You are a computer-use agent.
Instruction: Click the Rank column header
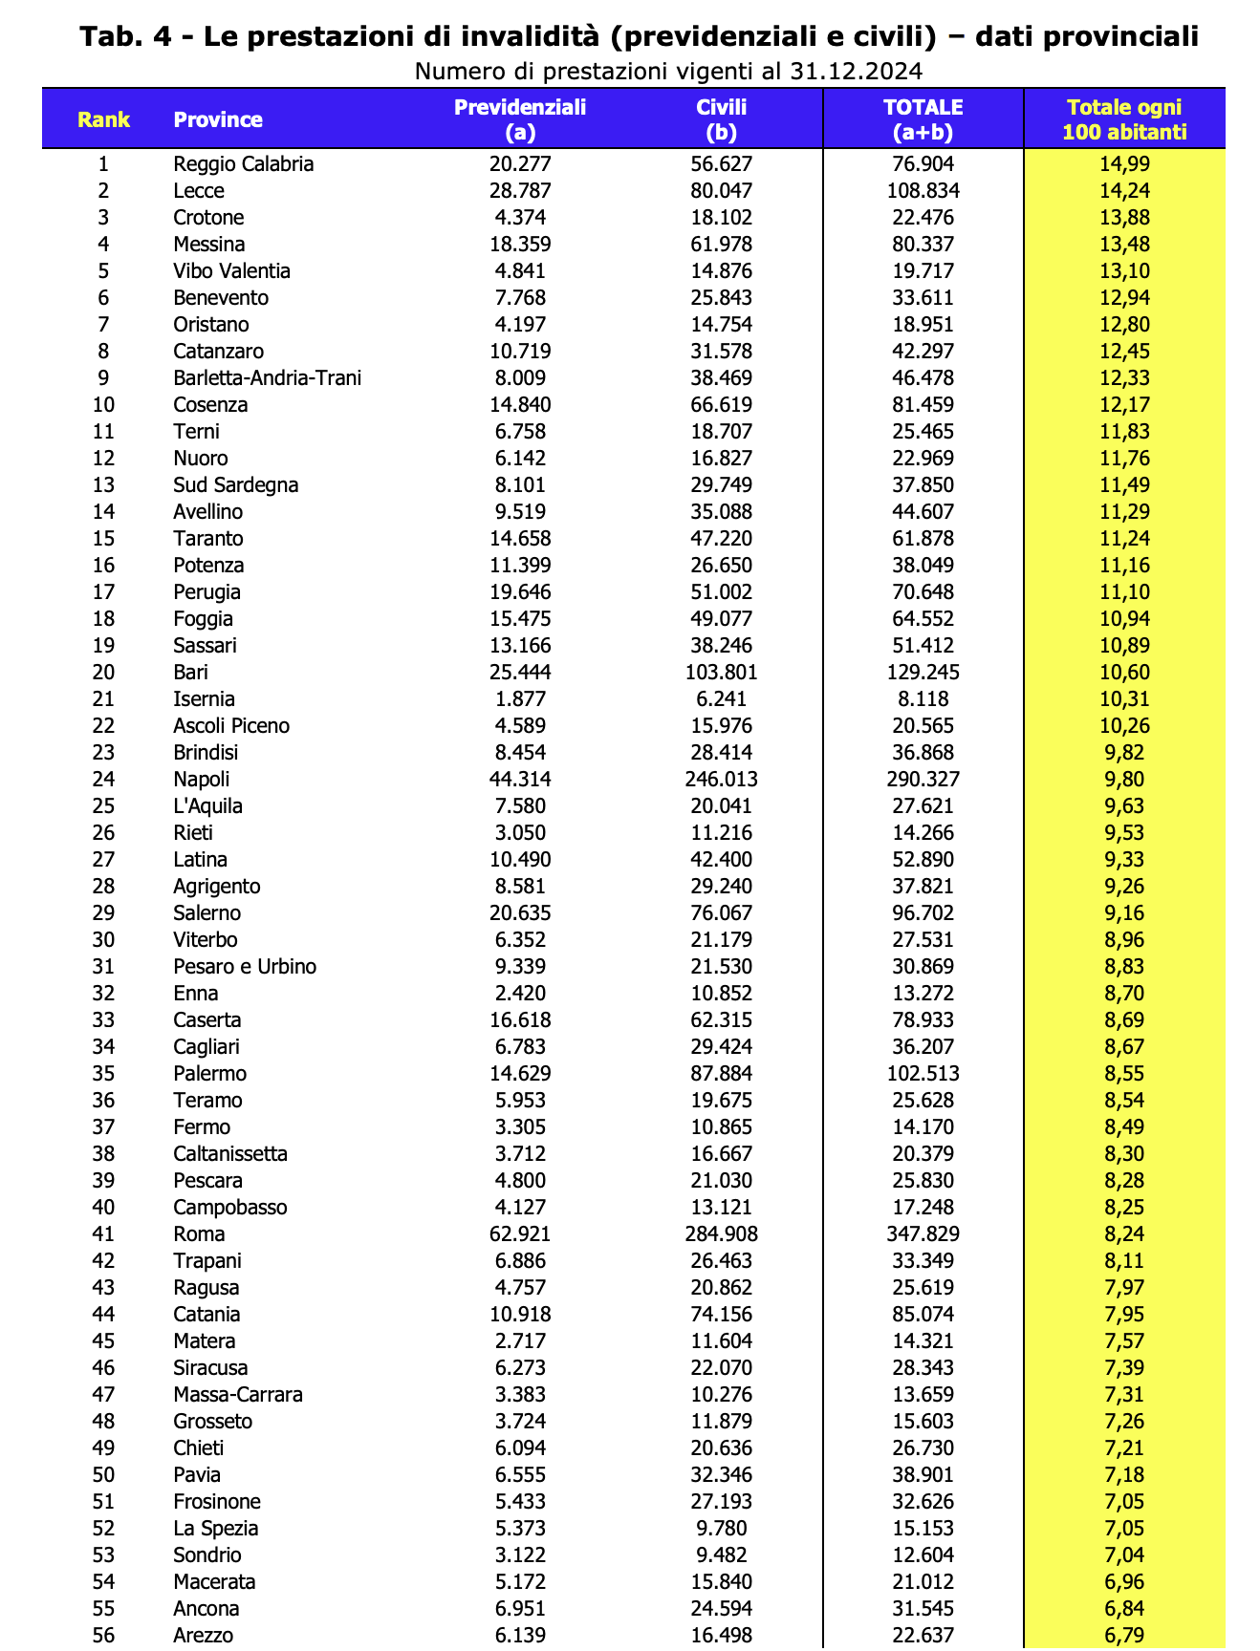click(x=103, y=119)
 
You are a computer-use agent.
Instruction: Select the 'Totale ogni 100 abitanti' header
click(x=1124, y=119)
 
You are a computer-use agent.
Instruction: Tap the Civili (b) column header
click(x=721, y=119)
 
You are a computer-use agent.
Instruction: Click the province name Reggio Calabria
click(x=244, y=164)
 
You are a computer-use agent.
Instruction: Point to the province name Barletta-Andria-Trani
click(x=268, y=378)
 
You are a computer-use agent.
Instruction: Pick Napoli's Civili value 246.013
click(x=721, y=780)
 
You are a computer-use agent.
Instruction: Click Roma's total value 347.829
click(x=923, y=1234)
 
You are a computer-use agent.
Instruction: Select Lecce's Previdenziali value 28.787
click(x=520, y=191)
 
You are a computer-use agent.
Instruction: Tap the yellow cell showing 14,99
click(x=1124, y=164)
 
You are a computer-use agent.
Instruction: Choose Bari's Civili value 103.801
click(x=721, y=673)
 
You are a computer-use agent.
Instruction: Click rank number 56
click(x=103, y=1636)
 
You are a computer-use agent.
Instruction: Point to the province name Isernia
click(x=205, y=699)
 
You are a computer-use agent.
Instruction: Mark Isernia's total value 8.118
click(x=923, y=699)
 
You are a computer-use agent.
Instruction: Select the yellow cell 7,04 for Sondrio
click(x=1124, y=1555)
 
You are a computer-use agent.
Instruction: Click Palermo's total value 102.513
click(x=923, y=1074)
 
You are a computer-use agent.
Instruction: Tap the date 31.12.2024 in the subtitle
click(x=856, y=72)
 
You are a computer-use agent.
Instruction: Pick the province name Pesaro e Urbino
click(x=245, y=967)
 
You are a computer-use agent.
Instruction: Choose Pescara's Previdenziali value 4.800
click(x=520, y=1181)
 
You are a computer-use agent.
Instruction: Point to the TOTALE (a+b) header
click(x=923, y=119)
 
